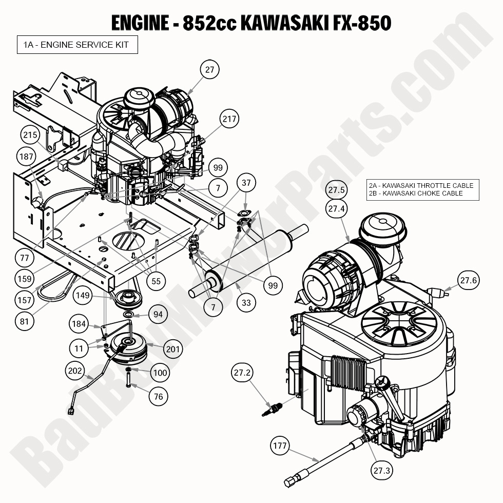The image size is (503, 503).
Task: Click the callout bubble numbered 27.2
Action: (x=242, y=374)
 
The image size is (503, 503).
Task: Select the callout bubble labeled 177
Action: (x=280, y=446)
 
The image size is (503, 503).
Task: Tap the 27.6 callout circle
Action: (x=468, y=280)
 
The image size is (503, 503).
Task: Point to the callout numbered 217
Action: (x=229, y=119)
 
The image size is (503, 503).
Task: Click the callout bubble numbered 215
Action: (x=30, y=135)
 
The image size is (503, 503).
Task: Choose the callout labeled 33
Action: (x=246, y=303)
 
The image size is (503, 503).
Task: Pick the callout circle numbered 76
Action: (x=159, y=396)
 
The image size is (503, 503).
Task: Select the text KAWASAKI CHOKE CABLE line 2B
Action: (x=416, y=194)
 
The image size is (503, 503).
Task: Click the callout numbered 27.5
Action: (x=337, y=190)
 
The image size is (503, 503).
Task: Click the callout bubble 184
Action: (x=79, y=323)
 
